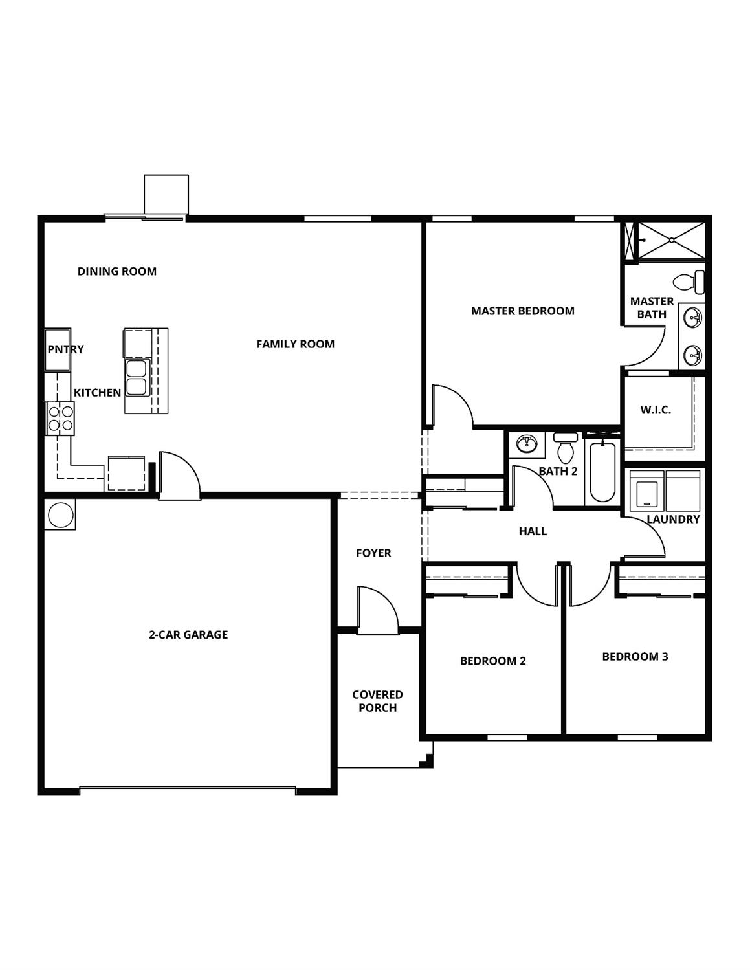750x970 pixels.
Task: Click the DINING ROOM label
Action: pyautogui.click(x=117, y=271)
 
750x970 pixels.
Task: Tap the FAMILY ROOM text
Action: pyautogui.click(x=295, y=344)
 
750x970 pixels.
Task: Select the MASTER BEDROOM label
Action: pyautogui.click(x=523, y=311)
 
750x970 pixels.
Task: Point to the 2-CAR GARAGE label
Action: pyautogui.click(x=188, y=635)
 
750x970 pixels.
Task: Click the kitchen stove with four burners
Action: pyautogui.click(x=60, y=418)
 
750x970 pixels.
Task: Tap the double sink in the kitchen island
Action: pyautogui.click(x=137, y=378)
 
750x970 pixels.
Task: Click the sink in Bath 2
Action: pyautogui.click(x=527, y=445)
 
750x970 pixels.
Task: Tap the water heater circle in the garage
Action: pyautogui.click(x=60, y=514)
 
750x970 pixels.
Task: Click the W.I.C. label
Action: pyautogui.click(x=656, y=410)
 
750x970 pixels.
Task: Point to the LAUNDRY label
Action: pyautogui.click(x=673, y=519)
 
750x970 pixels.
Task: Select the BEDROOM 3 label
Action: pyautogui.click(x=635, y=657)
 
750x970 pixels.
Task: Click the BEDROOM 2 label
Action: pyautogui.click(x=493, y=661)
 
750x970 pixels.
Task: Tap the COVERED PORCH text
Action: pyautogui.click(x=378, y=701)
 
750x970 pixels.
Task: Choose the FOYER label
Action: pyautogui.click(x=373, y=553)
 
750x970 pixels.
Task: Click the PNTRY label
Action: pyautogui.click(x=65, y=349)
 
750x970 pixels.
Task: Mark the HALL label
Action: pyautogui.click(x=533, y=531)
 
